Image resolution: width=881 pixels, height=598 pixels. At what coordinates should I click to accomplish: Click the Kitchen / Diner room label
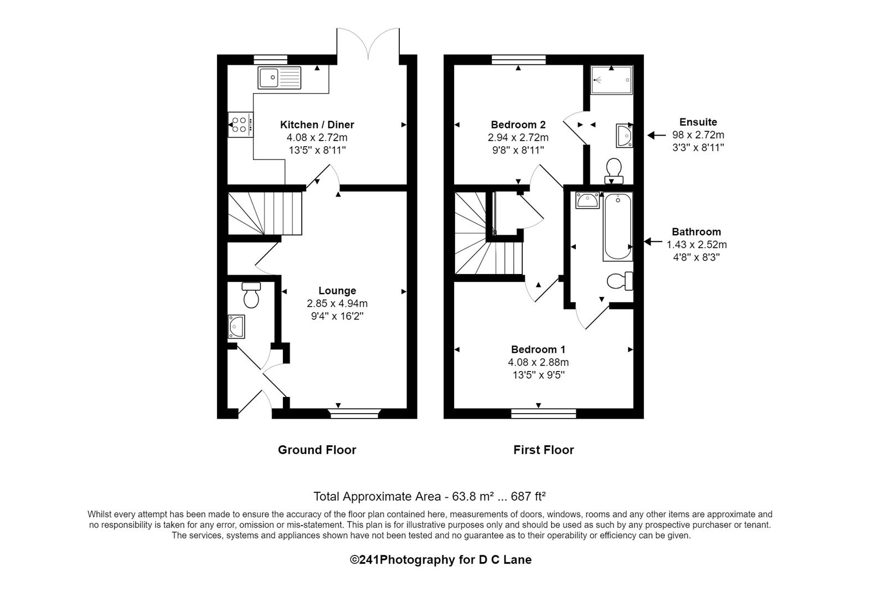click(x=317, y=125)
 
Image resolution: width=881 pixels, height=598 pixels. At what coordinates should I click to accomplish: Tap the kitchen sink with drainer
click(x=280, y=78)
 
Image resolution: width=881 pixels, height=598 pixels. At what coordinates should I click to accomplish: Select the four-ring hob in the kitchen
click(x=240, y=125)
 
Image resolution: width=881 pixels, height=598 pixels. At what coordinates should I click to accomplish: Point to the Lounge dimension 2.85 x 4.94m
click(x=337, y=303)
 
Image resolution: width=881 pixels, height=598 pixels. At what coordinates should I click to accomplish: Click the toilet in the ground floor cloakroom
click(x=251, y=295)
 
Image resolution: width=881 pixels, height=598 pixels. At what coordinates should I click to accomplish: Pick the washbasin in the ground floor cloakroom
click(x=236, y=326)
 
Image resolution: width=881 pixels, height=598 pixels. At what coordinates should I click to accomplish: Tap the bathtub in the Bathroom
click(x=618, y=227)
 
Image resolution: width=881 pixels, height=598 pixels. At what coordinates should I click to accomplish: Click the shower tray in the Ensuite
click(x=611, y=80)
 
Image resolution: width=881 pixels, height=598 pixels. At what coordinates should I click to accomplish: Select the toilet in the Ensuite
click(x=614, y=171)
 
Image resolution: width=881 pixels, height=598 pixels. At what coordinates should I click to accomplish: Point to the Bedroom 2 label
click(x=518, y=125)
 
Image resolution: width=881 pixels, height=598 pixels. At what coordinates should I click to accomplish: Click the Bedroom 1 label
click(x=538, y=349)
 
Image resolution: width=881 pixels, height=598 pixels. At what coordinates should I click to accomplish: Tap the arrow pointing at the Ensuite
click(x=656, y=135)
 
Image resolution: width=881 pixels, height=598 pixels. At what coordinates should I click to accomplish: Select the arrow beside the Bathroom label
click(x=653, y=242)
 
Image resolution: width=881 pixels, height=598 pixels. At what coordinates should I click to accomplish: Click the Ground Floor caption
click(x=317, y=450)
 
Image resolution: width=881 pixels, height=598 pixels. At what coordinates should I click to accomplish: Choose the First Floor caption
click(x=544, y=450)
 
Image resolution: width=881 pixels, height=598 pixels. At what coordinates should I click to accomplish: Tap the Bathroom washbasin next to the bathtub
click(x=588, y=200)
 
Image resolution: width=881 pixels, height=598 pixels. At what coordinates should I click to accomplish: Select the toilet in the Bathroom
click(x=620, y=281)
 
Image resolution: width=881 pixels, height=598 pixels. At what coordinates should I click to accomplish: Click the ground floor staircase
click(x=265, y=214)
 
